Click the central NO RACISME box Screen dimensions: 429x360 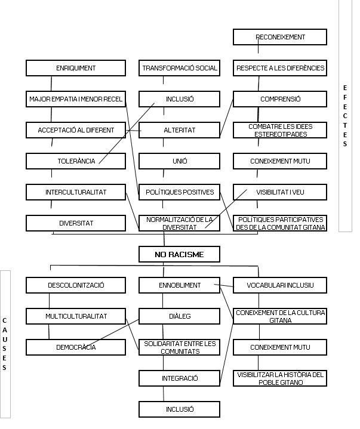179,255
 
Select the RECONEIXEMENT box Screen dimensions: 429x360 280,37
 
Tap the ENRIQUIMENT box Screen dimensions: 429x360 76,68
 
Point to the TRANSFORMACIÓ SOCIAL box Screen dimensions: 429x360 179,68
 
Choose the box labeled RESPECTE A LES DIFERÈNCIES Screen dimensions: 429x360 280,68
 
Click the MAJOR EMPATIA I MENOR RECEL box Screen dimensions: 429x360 76,99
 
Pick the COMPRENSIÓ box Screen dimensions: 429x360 280,99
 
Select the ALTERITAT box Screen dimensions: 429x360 179,130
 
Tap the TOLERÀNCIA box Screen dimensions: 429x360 76,161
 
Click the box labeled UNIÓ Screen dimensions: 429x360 179,161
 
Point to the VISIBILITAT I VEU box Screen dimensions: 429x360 280,192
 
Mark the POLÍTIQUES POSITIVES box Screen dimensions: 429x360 179,192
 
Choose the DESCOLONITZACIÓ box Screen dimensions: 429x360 76,285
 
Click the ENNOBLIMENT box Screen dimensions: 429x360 179,285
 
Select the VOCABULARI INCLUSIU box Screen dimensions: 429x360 280,285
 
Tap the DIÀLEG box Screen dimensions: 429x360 179,316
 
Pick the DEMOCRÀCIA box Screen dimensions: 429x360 76,347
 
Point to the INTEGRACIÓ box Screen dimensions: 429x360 179,378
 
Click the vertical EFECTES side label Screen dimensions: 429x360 345,116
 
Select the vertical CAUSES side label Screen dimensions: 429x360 5,344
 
